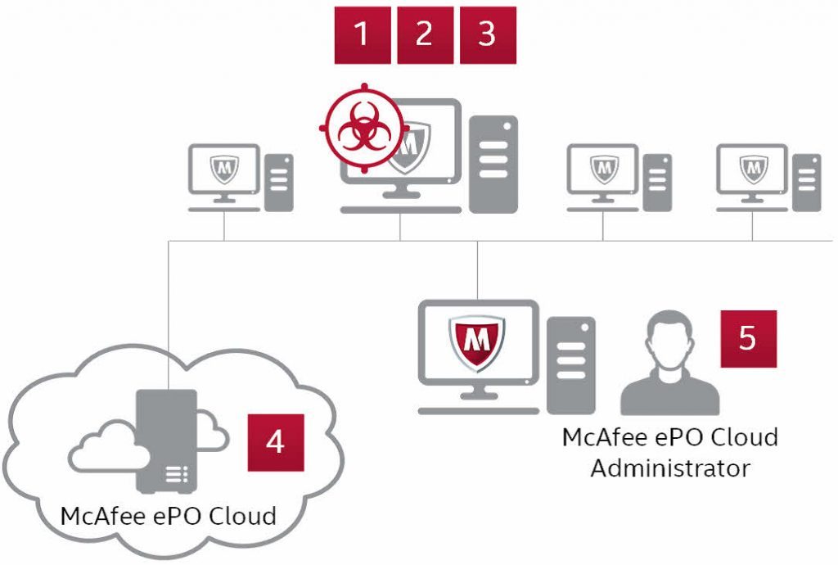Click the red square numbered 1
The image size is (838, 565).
363,34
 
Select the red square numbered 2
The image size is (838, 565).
425,34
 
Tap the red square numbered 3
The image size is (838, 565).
488,34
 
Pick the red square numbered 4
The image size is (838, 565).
276,442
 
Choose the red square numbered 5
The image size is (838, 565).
748,338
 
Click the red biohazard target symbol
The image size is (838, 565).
361,129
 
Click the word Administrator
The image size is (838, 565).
670,468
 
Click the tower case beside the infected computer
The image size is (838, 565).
493,163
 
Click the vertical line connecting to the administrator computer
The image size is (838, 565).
478,270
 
